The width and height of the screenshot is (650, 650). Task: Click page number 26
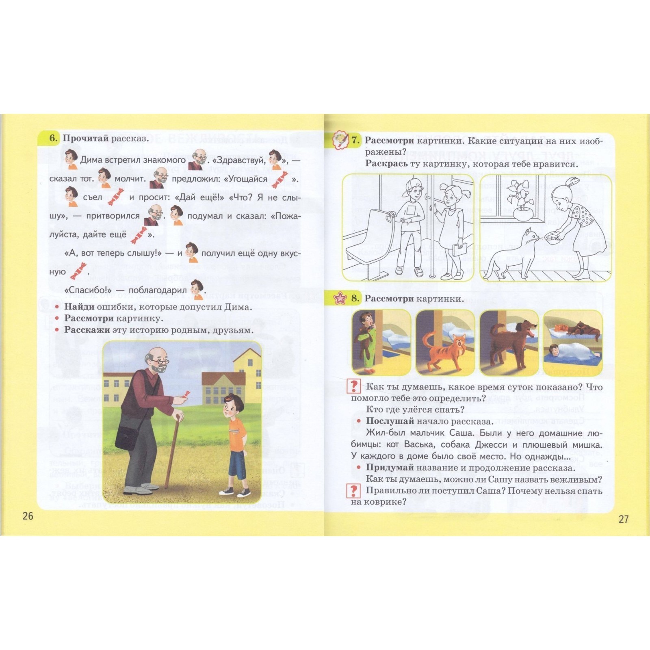click(x=28, y=516)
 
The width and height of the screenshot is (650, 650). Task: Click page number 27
click(x=623, y=519)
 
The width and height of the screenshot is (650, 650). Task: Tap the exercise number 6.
click(x=54, y=138)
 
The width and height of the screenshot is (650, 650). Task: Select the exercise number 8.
click(x=355, y=299)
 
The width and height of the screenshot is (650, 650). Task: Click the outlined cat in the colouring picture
click(x=512, y=254)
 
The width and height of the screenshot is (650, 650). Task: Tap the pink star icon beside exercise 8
click(x=340, y=299)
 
